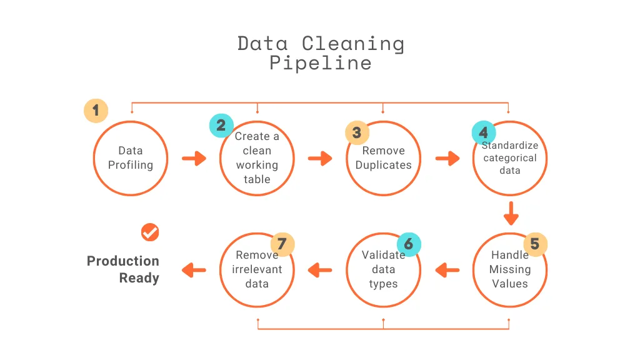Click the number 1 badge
click(96, 111)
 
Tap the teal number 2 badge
click(221, 125)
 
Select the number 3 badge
click(357, 132)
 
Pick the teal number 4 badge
click(484, 132)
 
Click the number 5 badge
click(535, 244)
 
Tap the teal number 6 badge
click(409, 244)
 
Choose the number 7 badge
click(282, 244)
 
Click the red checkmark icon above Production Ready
click(150, 232)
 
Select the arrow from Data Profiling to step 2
click(194, 158)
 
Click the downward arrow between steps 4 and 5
click(511, 214)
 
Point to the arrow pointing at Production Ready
click(194, 270)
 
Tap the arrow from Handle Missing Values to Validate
click(447, 270)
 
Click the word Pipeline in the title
click(321, 63)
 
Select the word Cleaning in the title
click(353, 44)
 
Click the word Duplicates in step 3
click(383, 165)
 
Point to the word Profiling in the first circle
click(131, 165)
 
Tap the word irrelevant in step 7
click(257, 269)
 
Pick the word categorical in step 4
click(510, 158)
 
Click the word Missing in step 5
click(510, 270)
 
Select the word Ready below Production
click(139, 278)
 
